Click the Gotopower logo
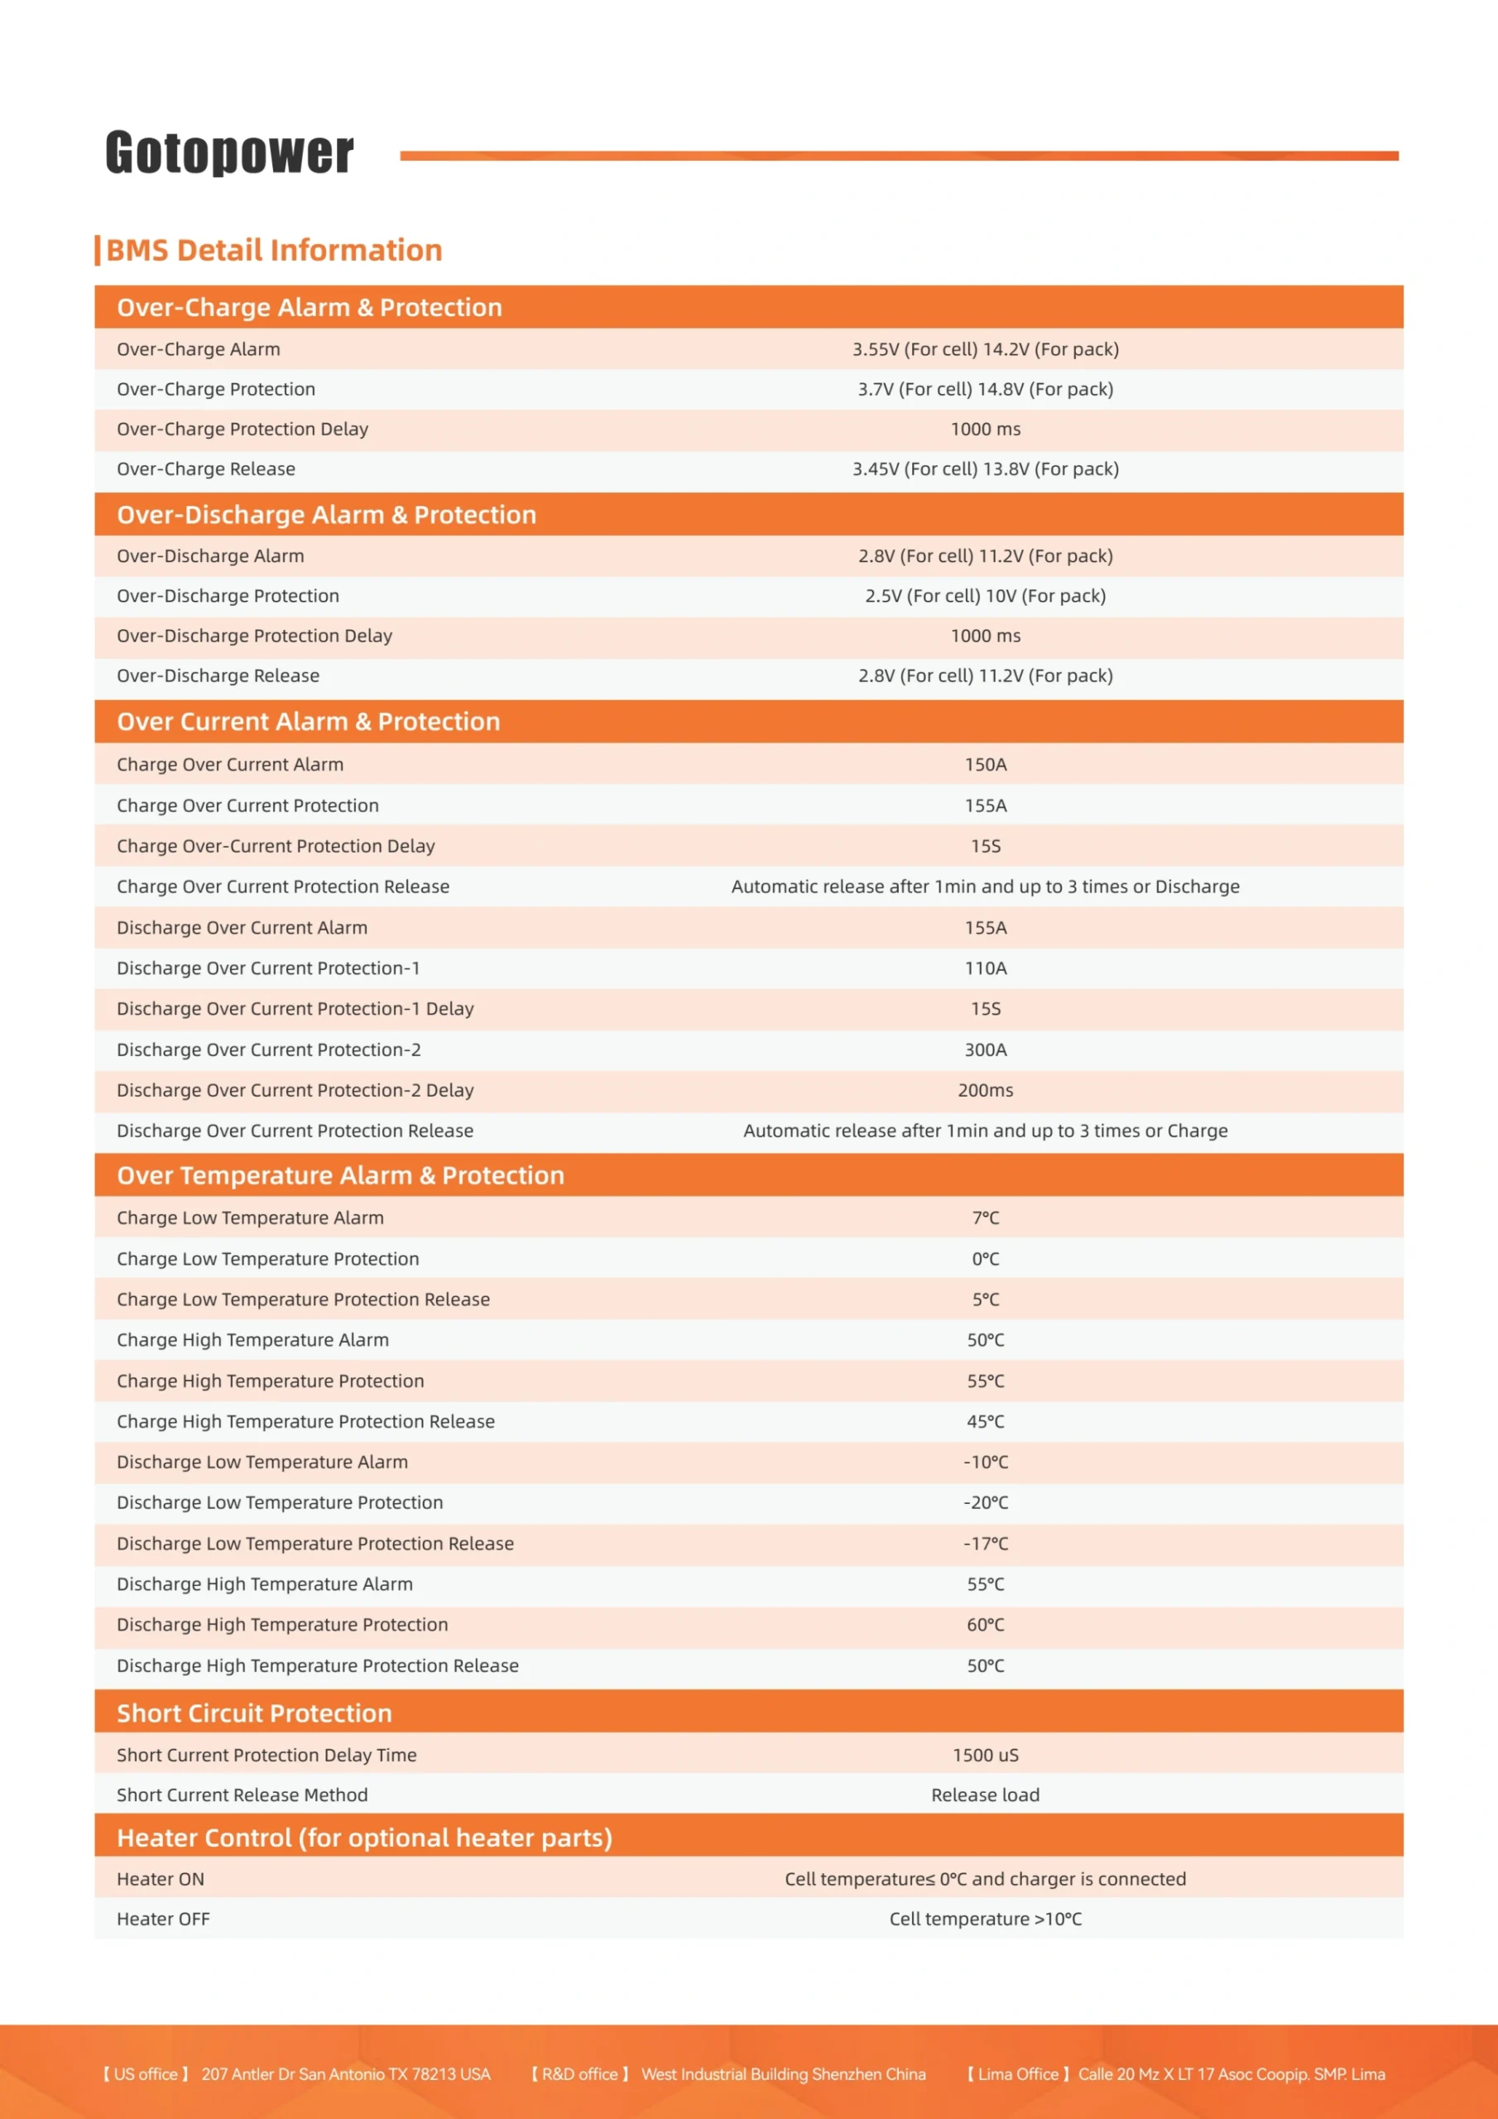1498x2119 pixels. click(229, 152)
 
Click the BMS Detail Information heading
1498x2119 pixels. click(273, 250)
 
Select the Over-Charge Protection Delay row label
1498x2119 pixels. click(242, 429)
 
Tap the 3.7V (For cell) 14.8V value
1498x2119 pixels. click(985, 390)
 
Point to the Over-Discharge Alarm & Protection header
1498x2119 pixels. click(326, 515)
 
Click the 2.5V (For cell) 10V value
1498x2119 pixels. click(985, 596)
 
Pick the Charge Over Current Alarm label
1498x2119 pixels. click(230, 765)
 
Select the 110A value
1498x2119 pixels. click(985, 968)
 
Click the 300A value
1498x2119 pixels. click(985, 1050)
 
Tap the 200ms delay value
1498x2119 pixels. click(985, 1091)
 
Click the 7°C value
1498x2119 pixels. click(985, 1218)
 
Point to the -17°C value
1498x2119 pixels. click(985, 1544)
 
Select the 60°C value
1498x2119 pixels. click(985, 1625)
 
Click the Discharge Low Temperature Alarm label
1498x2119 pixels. click(262, 1463)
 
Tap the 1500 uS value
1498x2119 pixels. click(985, 1756)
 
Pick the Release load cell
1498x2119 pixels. click(985, 1795)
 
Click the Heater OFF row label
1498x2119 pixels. click(163, 1920)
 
